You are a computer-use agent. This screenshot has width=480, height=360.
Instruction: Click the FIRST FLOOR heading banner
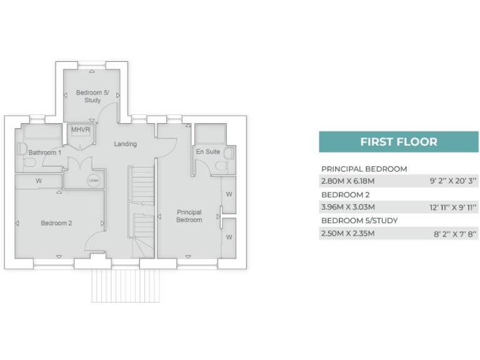point(398,142)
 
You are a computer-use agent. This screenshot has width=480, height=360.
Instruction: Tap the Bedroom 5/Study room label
point(92,96)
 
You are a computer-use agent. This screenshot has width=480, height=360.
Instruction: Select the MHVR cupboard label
point(81,130)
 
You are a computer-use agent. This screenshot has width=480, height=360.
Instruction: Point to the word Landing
point(125,144)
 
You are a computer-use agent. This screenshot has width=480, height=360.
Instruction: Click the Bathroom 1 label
point(45,152)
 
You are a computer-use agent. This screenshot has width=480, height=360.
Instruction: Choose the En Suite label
point(207,152)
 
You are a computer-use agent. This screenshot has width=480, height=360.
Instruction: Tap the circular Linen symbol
point(93,181)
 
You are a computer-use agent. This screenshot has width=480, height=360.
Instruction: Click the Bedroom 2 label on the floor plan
point(57,223)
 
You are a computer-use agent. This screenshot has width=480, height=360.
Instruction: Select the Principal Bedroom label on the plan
point(189,216)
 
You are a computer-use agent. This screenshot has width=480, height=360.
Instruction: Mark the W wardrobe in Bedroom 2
point(39,181)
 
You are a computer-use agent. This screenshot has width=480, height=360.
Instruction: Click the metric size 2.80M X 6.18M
point(347,181)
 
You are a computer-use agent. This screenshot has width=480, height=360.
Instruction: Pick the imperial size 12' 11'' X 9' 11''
point(453,207)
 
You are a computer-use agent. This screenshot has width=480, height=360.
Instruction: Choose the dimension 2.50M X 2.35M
point(347,234)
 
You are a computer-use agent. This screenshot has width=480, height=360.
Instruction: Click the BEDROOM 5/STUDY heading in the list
point(359,221)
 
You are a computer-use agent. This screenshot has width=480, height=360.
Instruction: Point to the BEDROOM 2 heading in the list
point(345,194)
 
